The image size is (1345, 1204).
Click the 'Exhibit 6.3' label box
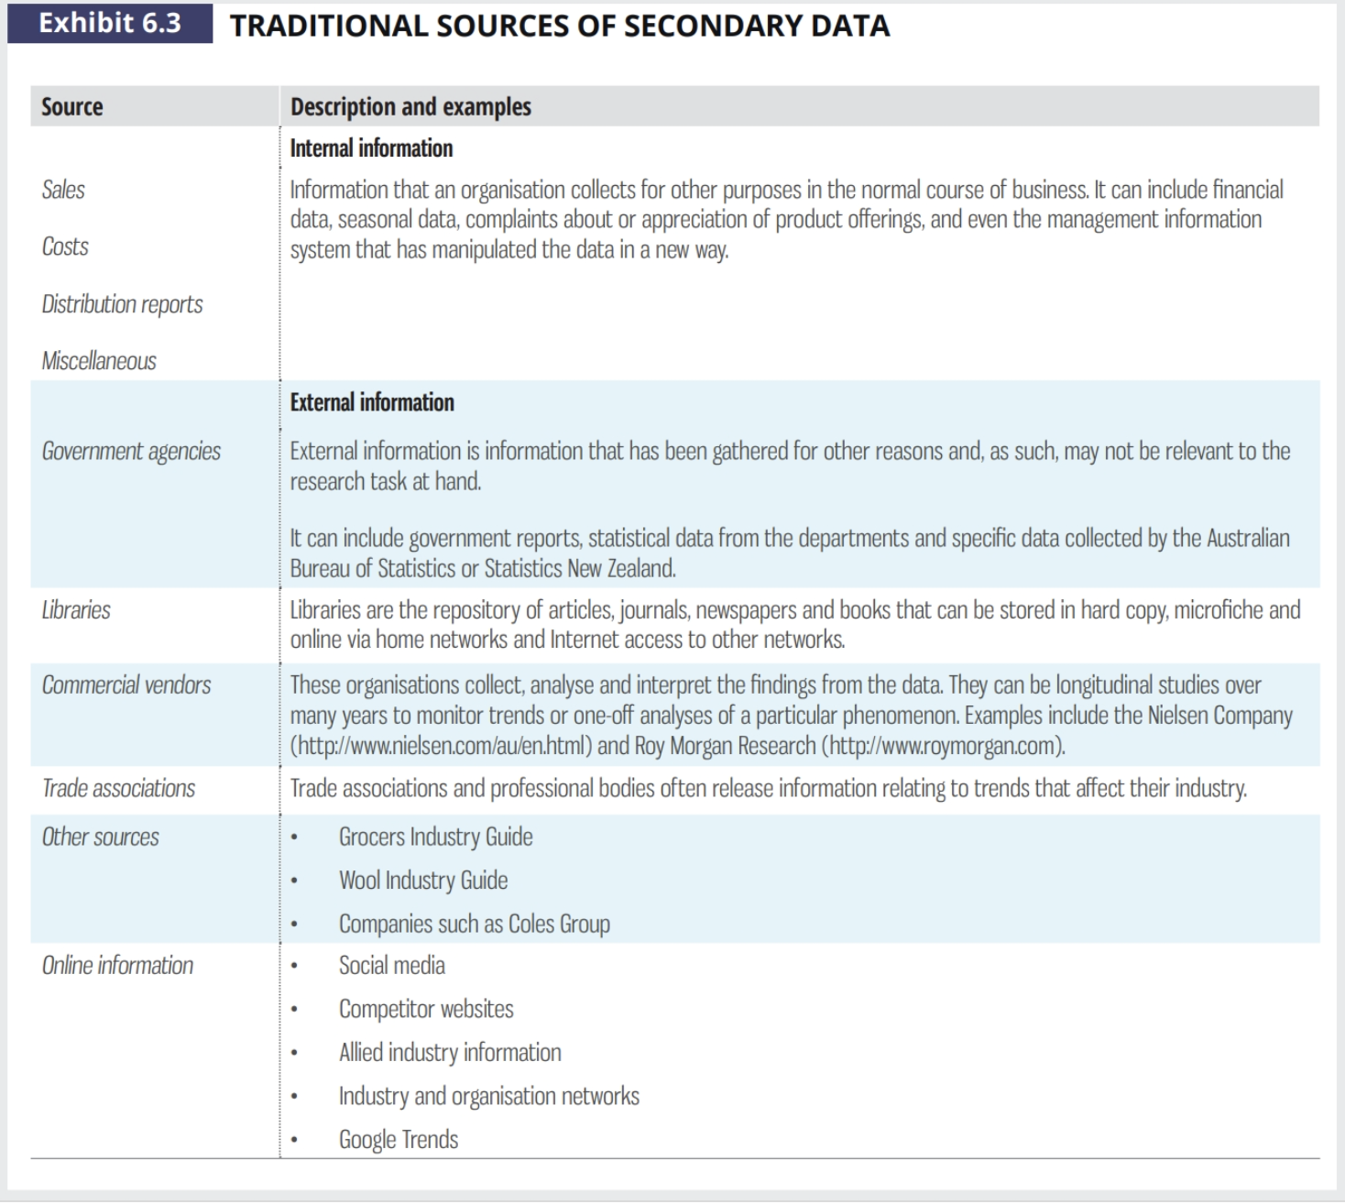110,24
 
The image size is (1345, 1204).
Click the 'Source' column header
72,107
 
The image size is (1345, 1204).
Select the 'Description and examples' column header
410,107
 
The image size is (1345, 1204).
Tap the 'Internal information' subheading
371,148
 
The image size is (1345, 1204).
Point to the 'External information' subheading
372,402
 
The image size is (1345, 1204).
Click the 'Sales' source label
63,190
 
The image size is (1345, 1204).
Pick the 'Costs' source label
65,246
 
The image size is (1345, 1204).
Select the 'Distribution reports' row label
122,304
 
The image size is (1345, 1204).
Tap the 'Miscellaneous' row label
99,361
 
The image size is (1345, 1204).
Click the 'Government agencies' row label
131,451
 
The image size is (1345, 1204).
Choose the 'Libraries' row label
76,610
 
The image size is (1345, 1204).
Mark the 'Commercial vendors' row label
126,685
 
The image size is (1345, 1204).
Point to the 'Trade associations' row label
118,789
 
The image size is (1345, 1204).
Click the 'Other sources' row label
101,837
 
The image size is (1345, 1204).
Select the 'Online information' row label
117,966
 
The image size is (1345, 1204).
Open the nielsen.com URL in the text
441,746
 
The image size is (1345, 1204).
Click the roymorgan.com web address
944,746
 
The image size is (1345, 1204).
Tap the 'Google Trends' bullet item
399,1140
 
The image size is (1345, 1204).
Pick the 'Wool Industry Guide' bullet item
423,881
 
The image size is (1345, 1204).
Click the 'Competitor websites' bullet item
426,1010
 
